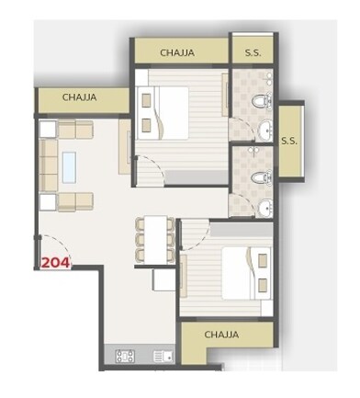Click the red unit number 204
tap(55, 260)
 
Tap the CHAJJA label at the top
tap(177, 52)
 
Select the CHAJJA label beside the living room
tap(81, 97)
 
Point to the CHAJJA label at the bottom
tap(222, 335)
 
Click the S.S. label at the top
tap(253, 52)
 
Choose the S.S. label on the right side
tap(288, 141)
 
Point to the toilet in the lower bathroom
tap(261, 172)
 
